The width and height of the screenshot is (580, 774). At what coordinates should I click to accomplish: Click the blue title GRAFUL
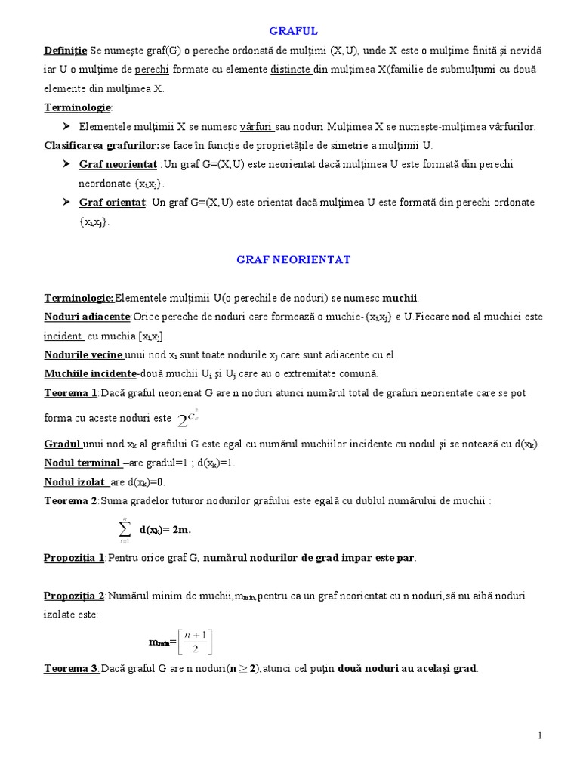294,31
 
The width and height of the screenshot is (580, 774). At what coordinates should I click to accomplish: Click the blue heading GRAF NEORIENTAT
293,259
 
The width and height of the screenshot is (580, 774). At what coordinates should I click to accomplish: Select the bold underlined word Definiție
66,51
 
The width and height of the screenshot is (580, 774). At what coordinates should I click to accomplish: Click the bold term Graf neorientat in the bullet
117,164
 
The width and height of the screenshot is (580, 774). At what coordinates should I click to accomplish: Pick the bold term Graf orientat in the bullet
112,203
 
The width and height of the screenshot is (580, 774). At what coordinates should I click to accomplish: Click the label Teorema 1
71,393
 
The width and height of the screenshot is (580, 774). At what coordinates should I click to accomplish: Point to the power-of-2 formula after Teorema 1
186,417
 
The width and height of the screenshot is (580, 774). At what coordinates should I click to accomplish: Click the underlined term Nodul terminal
82,463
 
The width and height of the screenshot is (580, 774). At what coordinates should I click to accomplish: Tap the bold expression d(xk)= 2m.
165,530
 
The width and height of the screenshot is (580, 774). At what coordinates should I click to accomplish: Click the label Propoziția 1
74,557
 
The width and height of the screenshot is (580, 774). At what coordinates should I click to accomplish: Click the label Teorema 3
71,668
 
